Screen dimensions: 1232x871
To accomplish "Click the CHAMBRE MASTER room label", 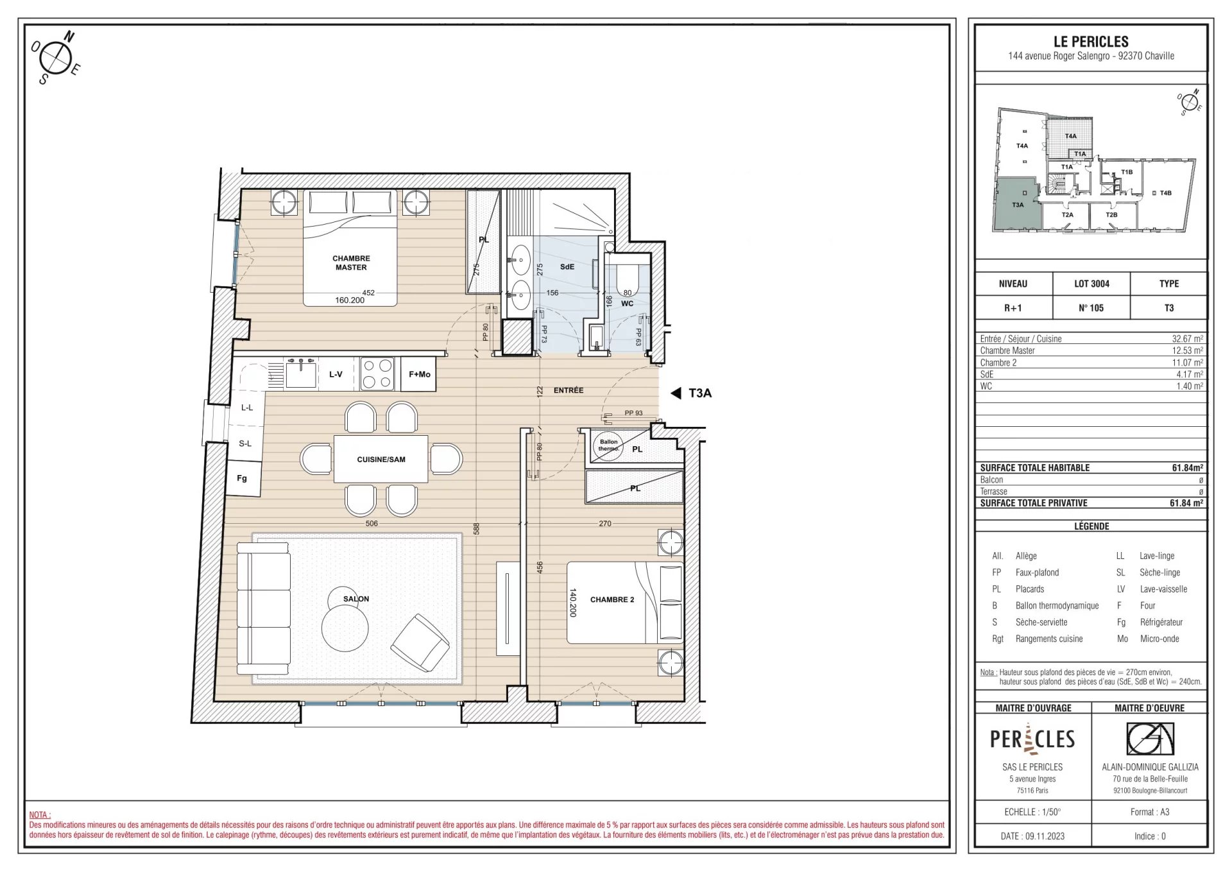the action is [351, 263].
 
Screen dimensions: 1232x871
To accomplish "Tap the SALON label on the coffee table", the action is [356, 599].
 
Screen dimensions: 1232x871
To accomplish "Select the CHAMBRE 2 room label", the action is [612, 599].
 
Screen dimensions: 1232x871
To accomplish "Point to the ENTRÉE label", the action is [569, 390].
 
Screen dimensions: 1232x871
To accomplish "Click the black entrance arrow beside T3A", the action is [676, 393].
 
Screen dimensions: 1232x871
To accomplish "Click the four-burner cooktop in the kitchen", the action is [377, 374].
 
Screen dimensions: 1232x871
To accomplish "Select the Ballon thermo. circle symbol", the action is [608, 445].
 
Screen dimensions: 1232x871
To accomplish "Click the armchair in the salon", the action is [420, 643].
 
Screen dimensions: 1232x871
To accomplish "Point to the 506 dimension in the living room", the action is [372, 524].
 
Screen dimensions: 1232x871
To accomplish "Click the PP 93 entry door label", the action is [633, 413].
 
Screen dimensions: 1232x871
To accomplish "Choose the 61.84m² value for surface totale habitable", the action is [1187, 468].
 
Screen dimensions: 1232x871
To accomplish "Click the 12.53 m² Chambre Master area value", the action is [1188, 350].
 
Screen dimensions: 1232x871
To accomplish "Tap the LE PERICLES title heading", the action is [1091, 42].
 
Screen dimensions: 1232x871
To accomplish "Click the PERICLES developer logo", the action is [1032, 739].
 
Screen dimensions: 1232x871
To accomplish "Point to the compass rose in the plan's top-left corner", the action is [56, 58].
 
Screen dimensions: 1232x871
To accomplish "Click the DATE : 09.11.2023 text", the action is [1032, 836].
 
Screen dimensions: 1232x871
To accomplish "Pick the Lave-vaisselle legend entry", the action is [1163, 589].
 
